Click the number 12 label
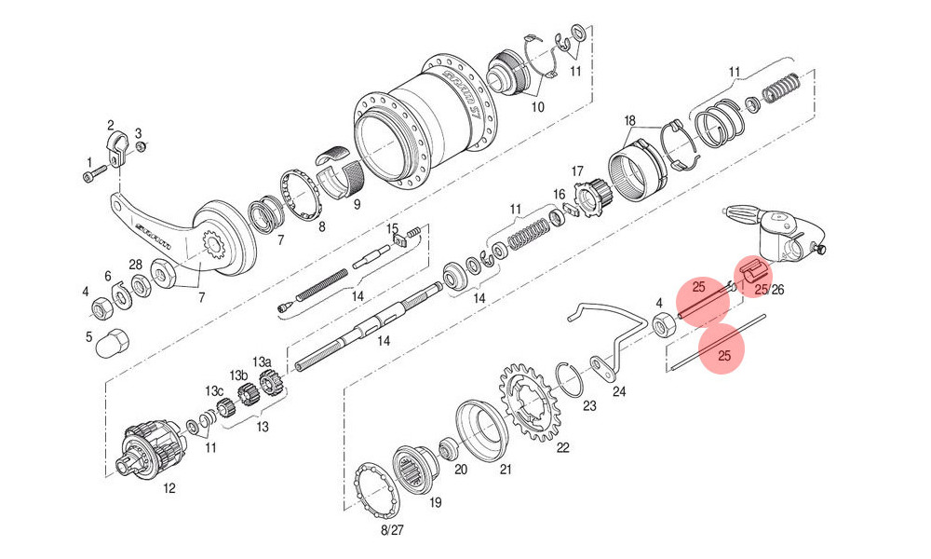pyautogui.click(x=169, y=487)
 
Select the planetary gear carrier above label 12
pyautogui.click(x=153, y=447)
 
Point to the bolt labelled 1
pyautogui.click(x=95, y=172)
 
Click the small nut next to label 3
pyautogui.click(x=142, y=147)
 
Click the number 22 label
pyautogui.click(x=562, y=447)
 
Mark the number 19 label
pyautogui.click(x=435, y=503)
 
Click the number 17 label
pyautogui.click(x=576, y=171)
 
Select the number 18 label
pyautogui.click(x=629, y=121)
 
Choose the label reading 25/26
pyautogui.click(x=769, y=290)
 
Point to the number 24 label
pyautogui.click(x=619, y=392)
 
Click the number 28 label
pyautogui.click(x=135, y=265)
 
